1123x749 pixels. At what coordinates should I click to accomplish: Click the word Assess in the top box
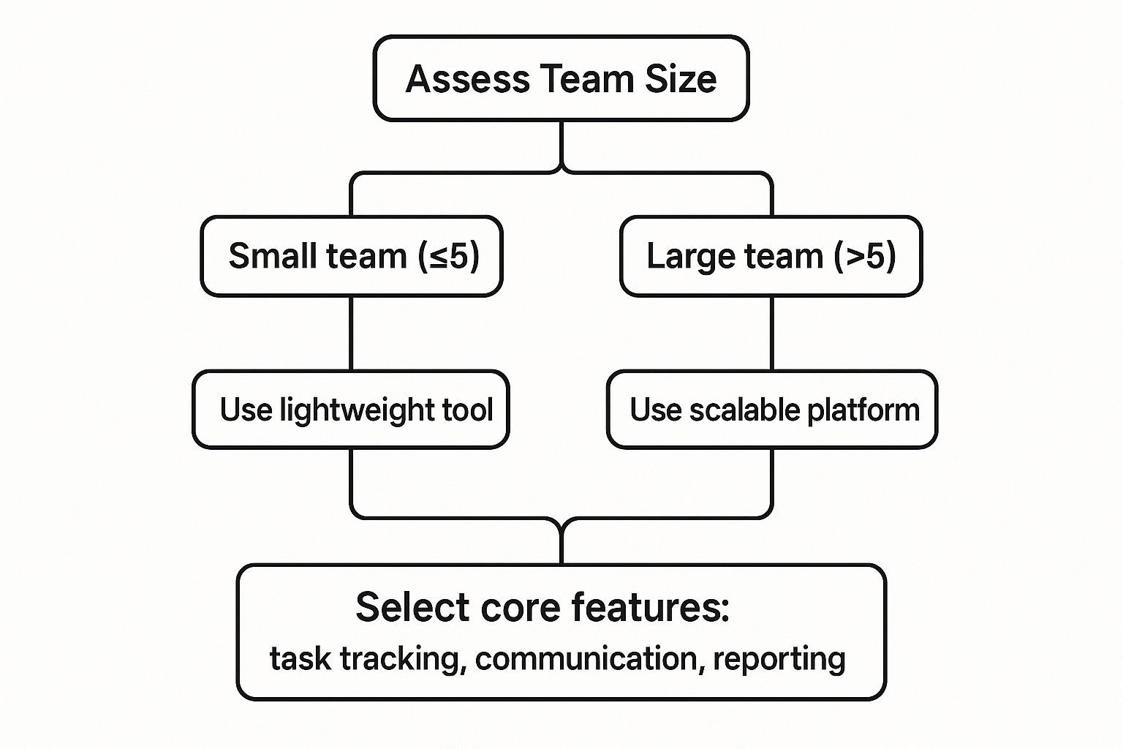pyautogui.click(x=468, y=79)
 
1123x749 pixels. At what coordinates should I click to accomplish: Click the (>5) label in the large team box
pyautogui.click(x=865, y=256)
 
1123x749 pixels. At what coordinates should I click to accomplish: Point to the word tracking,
pyautogui.click(x=404, y=660)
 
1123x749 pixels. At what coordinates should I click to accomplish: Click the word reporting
pyautogui.click(x=779, y=660)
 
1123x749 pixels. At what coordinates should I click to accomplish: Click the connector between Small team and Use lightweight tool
pyautogui.click(x=351, y=334)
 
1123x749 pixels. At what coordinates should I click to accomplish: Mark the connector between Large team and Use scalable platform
pyautogui.click(x=771, y=334)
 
